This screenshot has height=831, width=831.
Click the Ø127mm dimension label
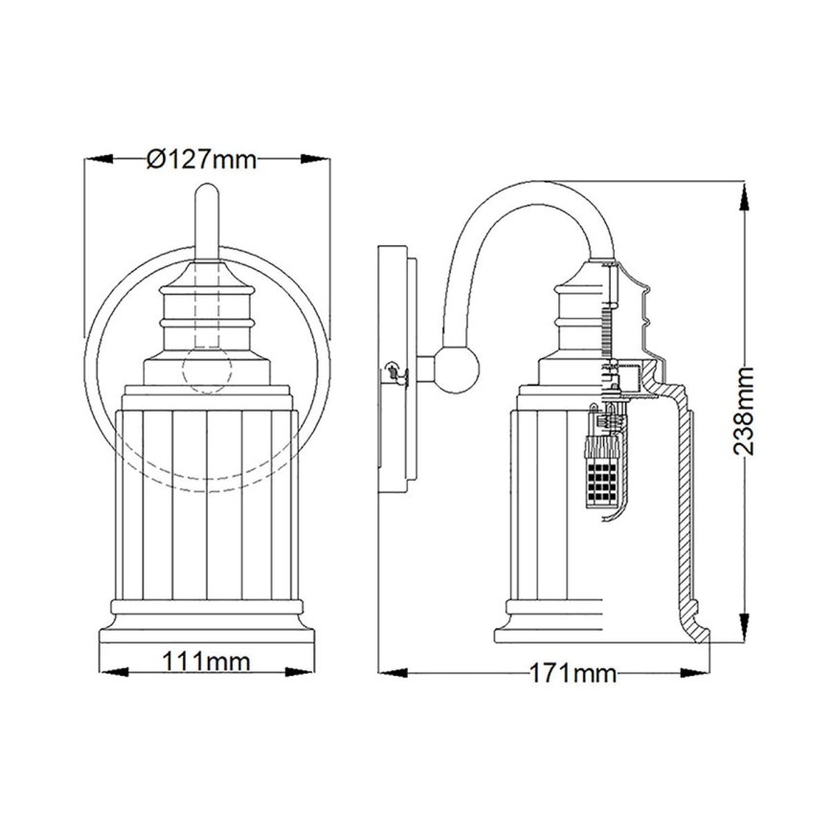click(x=203, y=159)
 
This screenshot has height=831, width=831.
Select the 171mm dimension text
click(x=572, y=673)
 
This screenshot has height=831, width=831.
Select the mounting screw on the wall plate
click(x=391, y=371)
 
